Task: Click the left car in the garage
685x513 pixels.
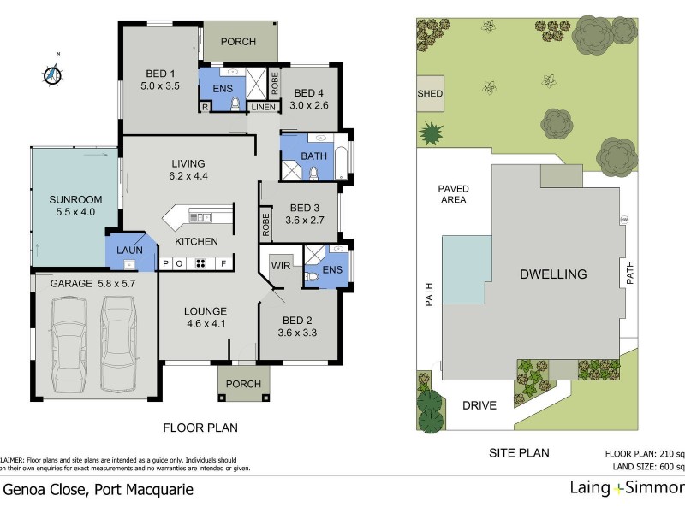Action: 68,342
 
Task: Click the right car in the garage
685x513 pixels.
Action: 119,342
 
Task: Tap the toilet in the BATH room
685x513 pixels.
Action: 313,174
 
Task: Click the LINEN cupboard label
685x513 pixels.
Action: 264,107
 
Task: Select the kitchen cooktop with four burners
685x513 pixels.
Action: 205,263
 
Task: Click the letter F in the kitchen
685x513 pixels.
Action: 223,263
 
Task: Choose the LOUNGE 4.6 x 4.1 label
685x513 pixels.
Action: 205,317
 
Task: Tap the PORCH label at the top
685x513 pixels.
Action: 239,41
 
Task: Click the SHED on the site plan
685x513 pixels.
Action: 430,93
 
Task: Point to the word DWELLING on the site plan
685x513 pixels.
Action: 552,274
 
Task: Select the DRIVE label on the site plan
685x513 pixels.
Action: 479,405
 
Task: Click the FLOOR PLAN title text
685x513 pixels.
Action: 200,427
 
